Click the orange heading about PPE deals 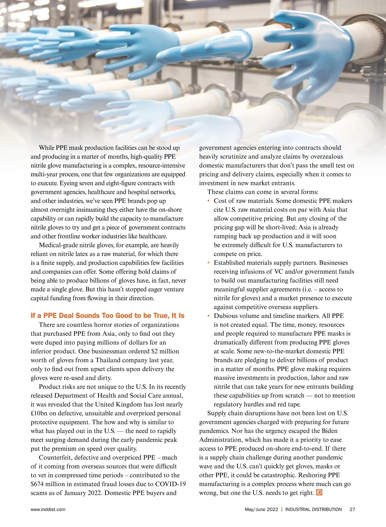click(107, 315)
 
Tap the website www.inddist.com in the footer click(48, 509)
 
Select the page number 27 click(352, 509)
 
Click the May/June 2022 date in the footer click(261, 509)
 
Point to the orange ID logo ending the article click(319, 493)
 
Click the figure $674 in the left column click(37, 484)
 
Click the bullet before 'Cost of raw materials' click(208, 201)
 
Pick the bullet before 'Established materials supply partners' click(208, 263)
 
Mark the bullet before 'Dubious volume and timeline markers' click(208, 316)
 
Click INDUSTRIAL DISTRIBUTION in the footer click(313, 509)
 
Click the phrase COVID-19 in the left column click(170, 484)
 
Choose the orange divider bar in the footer click(282, 509)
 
